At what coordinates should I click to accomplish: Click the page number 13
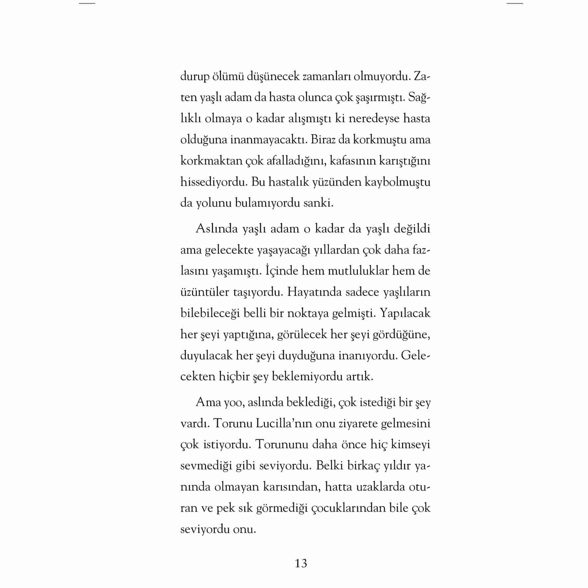(x=301, y=563)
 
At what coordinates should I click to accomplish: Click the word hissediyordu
(x=213, y=182)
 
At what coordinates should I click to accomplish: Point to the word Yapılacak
(x=405, y=313)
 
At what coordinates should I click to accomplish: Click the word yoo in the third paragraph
(x=233, y=402)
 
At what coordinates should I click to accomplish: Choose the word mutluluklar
(x=353, y=271)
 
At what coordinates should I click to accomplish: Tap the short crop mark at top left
(x=87, y=3)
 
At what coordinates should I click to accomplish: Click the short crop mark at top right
(x=515, y=3)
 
